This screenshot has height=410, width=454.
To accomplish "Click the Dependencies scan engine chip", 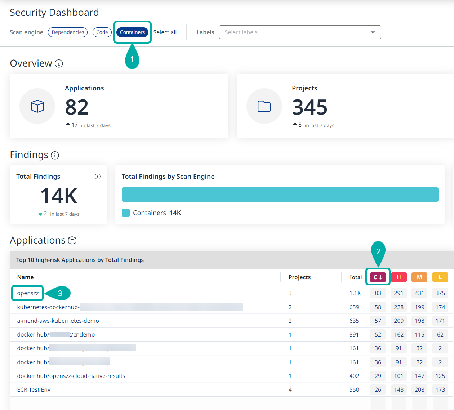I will tap(68, 32).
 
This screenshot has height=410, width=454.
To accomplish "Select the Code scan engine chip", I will tap(102, 32).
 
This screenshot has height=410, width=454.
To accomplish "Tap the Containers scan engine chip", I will tap(132, 32).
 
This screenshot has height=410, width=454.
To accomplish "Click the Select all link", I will tap(165, 32).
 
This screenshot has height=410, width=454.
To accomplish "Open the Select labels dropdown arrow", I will tap(373, 32).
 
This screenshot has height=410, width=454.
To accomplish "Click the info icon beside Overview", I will tap(59, 64).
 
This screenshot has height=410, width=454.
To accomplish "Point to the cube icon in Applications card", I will tap(37, 106).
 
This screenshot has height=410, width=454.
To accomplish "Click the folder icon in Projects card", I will tap(264, 106).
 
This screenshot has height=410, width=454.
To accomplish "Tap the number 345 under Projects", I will tap(310, 107).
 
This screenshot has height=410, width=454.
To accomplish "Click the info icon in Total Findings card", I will tap(98, 177).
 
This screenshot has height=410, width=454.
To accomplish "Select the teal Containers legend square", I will tap(126, 213).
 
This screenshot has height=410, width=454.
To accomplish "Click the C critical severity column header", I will tap(378, 277).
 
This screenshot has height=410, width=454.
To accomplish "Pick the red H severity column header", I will tap(399, 277).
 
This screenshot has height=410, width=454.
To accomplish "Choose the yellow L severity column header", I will tap(440, 277).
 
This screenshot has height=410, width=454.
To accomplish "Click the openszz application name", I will tap(28, 293).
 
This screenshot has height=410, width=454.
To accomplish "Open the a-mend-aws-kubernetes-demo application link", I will tap(58, 321).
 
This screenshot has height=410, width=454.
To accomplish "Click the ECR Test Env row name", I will tap(34, 389).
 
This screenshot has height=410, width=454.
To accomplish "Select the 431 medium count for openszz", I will tap(419, 293).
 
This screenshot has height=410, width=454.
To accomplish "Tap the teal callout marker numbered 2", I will tap(378, 251).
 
